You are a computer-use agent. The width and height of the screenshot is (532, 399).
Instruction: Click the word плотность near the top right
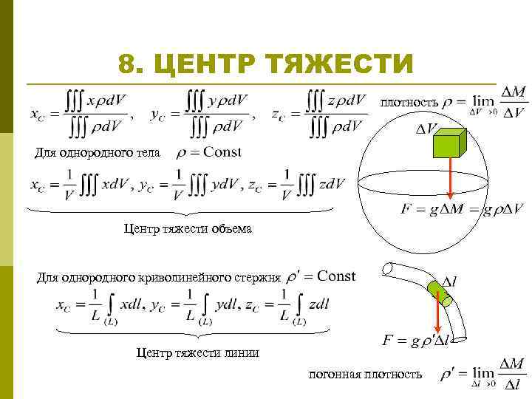[409, 102]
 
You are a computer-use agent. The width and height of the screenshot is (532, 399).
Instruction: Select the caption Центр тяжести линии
[197, 352]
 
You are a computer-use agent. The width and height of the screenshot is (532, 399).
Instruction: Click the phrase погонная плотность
[365, 374]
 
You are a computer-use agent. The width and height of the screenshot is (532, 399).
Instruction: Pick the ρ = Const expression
[209, 152]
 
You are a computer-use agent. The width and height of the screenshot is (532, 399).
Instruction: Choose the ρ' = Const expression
[321, 276]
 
